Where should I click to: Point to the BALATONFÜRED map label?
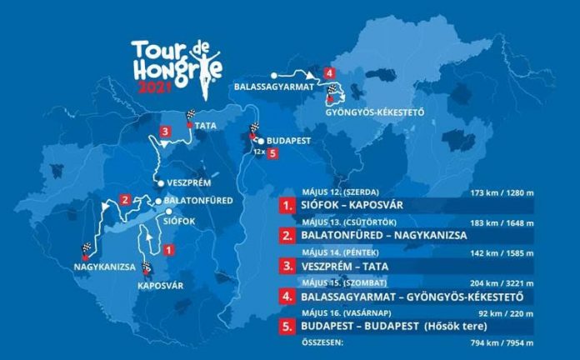point(193,201)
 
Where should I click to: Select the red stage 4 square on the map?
point(331,72)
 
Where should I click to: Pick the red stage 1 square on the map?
point(169,248)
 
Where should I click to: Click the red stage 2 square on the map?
point(124,199)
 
